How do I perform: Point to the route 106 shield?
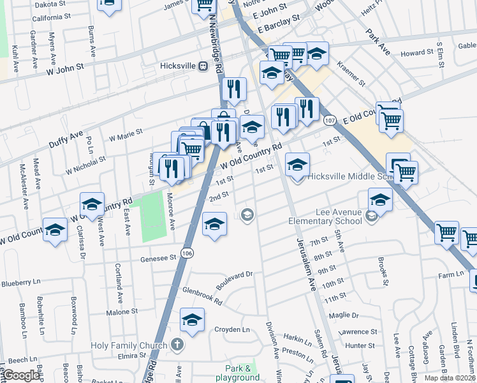click(x=187, y=253)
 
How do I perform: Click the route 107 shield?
click(x=330, y=120)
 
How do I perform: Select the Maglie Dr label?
click(x=344, y=315)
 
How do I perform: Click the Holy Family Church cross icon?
click(x=177, y=345)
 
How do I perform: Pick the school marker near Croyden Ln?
click(x=191, y=320)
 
